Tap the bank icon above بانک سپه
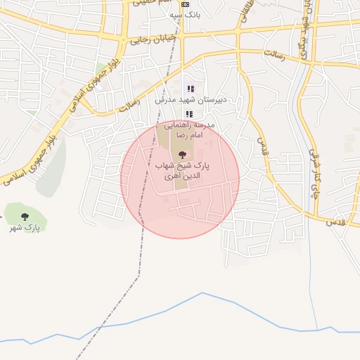[185, 4]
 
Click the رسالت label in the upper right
[274, 55]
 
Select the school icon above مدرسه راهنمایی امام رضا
[188, 113]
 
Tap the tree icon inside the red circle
[183, 154]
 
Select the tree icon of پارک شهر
[25, 216]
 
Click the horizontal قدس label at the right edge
[335, 222]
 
